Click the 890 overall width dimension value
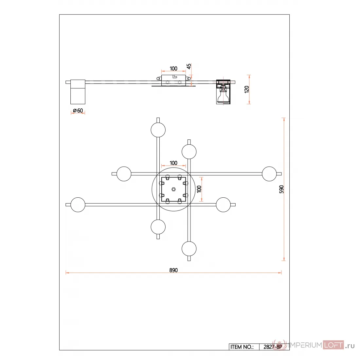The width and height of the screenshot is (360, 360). click(x=173, y=270)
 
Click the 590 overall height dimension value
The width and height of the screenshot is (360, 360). click(x=281, y=189)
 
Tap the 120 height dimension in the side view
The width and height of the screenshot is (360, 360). click(x=247, y=89)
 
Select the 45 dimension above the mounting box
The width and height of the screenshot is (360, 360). click(x=189, y=66)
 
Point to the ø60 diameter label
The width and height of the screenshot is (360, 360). click(x=78, y=111)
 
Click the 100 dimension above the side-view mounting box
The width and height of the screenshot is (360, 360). click(x=173, y=68)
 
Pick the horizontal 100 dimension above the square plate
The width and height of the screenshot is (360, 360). click(x=173, y=163)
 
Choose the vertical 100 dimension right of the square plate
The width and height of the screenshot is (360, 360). click(x=199, y=189)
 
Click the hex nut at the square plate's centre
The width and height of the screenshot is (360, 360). click(x=173, y=189)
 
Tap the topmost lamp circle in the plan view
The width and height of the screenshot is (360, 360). click(x=158, y=130)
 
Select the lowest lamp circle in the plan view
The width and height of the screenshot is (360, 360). click(x=189, y=249)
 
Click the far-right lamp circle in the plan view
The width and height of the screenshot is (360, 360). click(x=269, y=174)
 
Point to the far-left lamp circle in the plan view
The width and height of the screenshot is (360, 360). click(x=78, y=205)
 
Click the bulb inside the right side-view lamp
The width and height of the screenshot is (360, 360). click(x=223, y=95)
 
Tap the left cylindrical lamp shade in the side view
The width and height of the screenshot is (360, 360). click(x=78, y=92)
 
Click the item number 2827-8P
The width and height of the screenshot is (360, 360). click(x=273, y=347)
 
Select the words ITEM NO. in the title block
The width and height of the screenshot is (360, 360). click(x=242, y=347)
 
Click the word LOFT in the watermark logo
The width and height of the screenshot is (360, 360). click(x=333, y=345)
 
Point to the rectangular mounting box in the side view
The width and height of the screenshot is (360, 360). click(x=173, y=81)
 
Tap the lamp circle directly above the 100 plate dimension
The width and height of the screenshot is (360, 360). click(x=189, y=152)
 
